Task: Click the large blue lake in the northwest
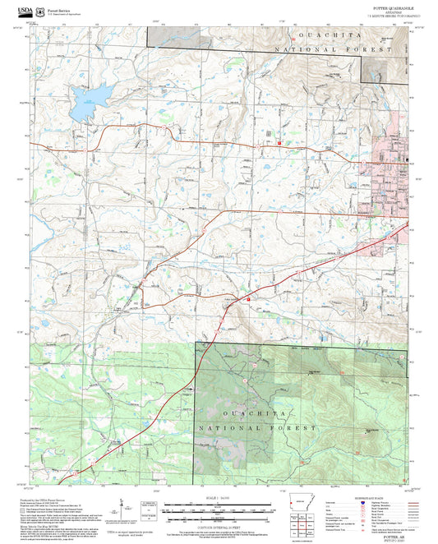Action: click(x=85, y=99)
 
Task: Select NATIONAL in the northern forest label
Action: click(x=315, y=50)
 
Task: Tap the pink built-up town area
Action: click(x=391, y=177)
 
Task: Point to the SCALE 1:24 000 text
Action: click(x=218, y=497)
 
